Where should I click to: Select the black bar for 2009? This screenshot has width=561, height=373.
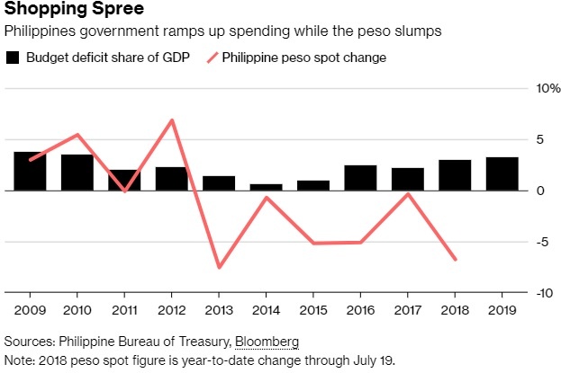(30, 171)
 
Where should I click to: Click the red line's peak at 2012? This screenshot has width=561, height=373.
(171, 120)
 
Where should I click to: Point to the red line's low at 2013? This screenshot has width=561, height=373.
(218, 267)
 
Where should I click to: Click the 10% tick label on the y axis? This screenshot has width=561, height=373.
(548, 89)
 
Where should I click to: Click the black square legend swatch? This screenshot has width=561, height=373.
(13, 58)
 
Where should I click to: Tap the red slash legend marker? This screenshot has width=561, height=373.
(213, 58)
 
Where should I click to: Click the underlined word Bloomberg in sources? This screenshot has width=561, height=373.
(267, 342)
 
